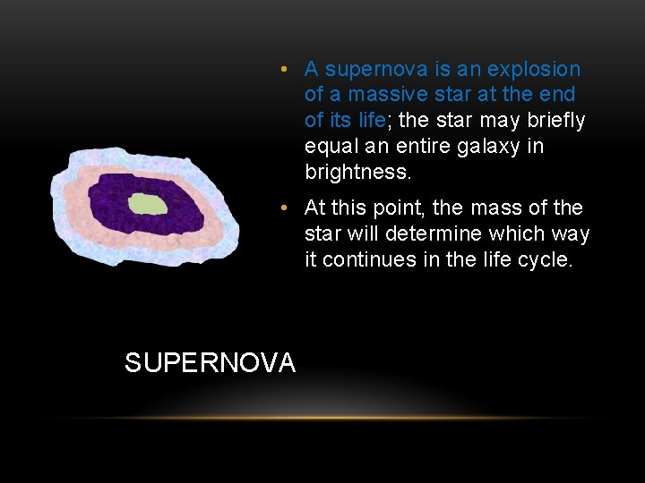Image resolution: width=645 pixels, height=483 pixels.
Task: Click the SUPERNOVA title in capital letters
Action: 210,362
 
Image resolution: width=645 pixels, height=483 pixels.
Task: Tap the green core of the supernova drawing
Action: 149,204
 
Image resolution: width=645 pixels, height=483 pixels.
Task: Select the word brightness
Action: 356,171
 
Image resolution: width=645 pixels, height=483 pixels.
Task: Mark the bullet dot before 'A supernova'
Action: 282,69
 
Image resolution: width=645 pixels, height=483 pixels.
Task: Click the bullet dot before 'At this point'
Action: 282,208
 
